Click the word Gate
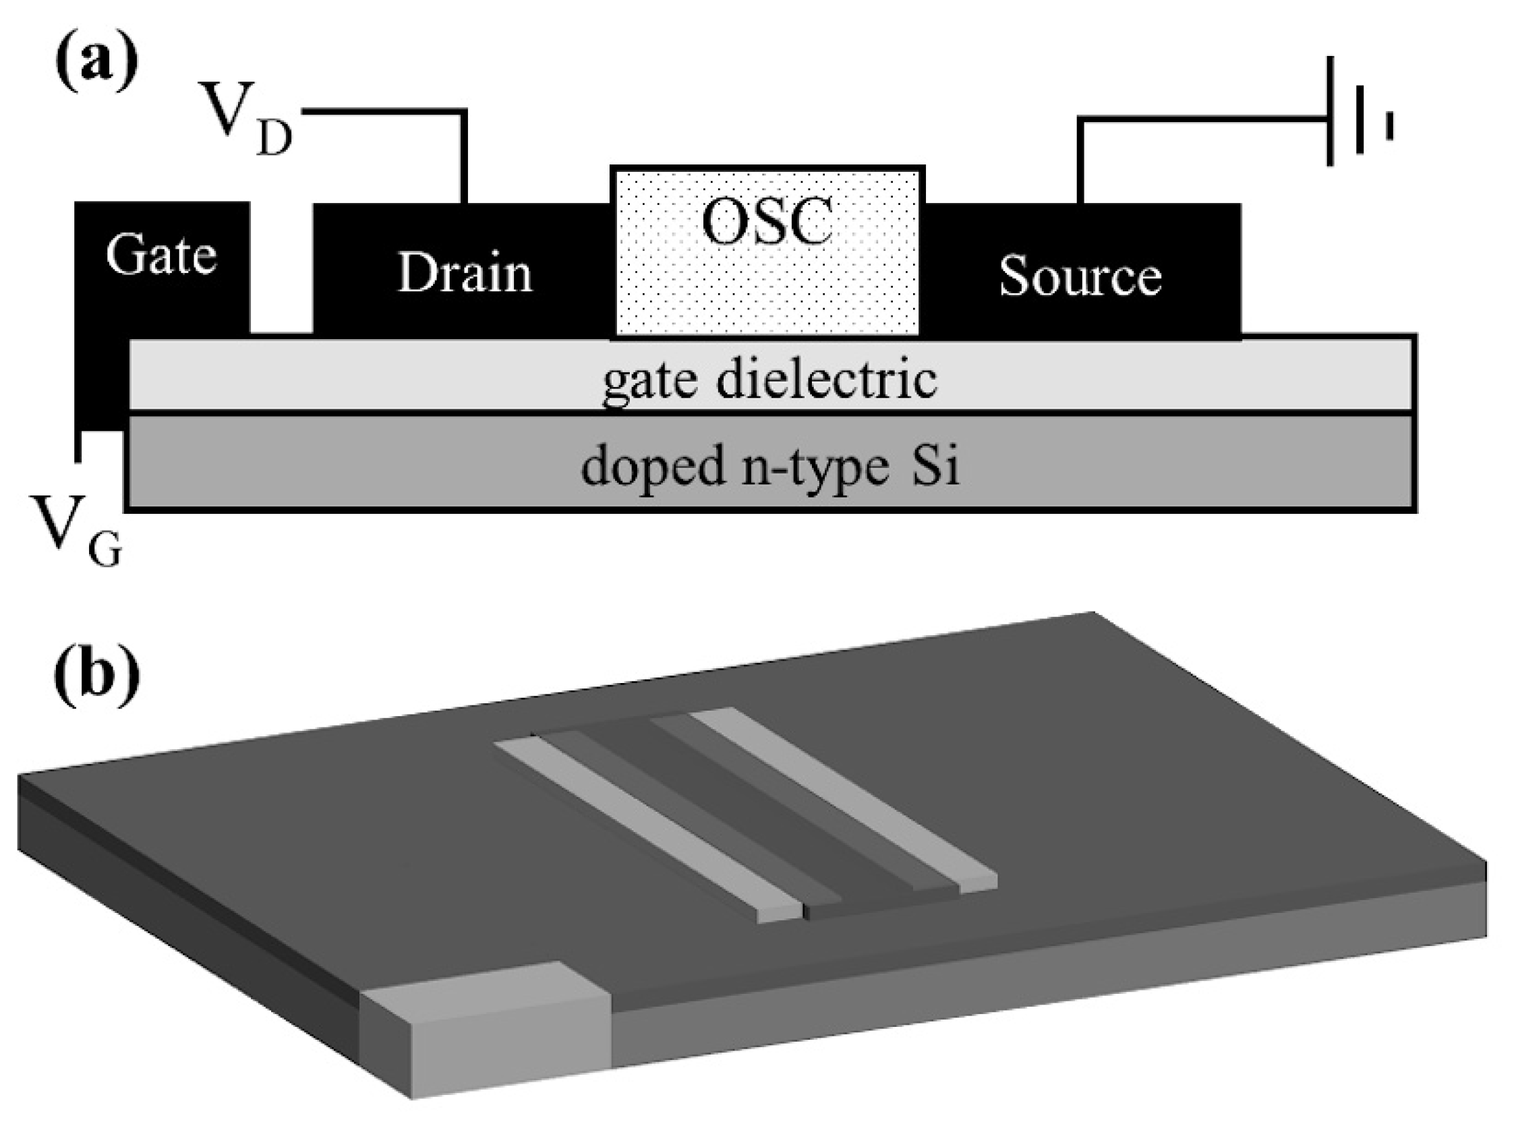tap(161, 256)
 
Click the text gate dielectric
tap(769, 380)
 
